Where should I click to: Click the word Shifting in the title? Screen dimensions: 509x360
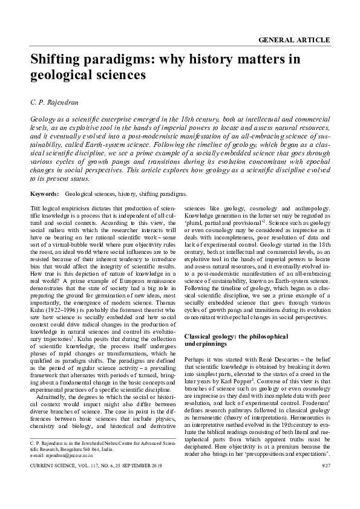point(57,59)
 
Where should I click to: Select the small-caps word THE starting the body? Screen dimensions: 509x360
point(35,209)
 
